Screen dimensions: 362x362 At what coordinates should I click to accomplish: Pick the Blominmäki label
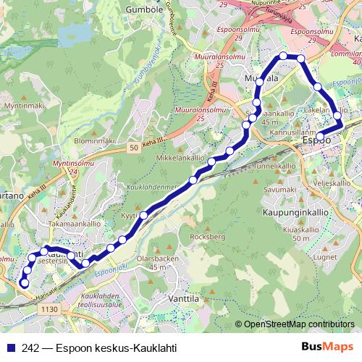coord(95,140)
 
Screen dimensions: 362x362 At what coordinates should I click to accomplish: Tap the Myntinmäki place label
coord(28,106)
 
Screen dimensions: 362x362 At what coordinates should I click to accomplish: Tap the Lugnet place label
coord(325,257)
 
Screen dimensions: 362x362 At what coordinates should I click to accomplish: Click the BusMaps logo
coord(327,347)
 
